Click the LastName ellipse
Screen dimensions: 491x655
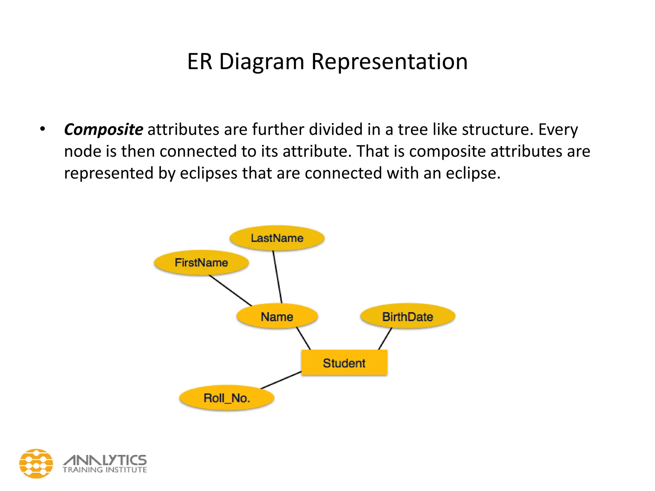click(x=277, y=238)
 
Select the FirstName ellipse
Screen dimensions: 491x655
click(x=201, y=263)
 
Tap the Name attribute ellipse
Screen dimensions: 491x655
click(x=277, y=317)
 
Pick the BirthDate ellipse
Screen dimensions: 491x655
click(x=407, y=317)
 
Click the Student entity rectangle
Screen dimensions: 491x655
click(x=344, y=363)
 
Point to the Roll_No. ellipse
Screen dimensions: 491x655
click(x=227, y=398)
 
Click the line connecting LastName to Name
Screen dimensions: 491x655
click(x=277, y=277)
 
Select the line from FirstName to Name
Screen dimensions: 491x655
click(x=230, y=290)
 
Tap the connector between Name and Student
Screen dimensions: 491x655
click(x=304, y=338)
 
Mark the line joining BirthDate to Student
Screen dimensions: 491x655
click(x=385, y=339)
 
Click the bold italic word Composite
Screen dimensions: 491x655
click(x=104, y=130)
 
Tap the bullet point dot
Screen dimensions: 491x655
click(x=43, y=129)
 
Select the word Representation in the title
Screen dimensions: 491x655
click(x=390, y=61)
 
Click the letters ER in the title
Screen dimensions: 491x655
click(x=200, y=61)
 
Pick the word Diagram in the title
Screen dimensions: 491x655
click(x=262, y=62)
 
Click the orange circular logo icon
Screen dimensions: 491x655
click(x=36, y=464)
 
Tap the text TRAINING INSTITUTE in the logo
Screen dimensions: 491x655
click(x=105, y=470)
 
